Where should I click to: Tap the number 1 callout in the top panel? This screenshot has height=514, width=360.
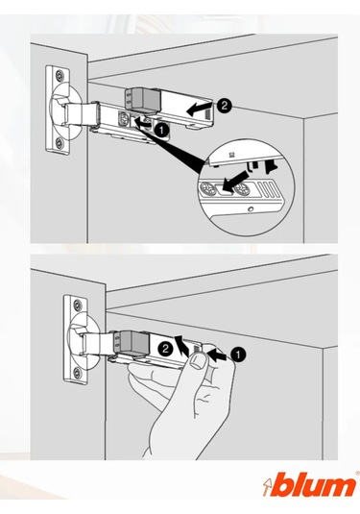[x=162, y=130]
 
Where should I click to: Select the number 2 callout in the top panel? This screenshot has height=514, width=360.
[x=224, y=107]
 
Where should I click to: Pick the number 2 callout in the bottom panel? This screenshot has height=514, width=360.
[x=165, y=348]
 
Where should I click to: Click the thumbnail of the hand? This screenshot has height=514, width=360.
[x=198, y=361]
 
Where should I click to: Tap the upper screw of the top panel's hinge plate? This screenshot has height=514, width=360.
[x=59, y=74]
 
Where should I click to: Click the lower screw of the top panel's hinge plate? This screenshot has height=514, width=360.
[x=59, y=142]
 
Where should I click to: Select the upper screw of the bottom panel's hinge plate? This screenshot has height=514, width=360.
[x=77, y=305]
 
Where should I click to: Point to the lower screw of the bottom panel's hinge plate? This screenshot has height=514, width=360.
[x=77, y=373]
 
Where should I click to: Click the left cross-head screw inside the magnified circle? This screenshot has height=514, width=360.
[x=206, y=188]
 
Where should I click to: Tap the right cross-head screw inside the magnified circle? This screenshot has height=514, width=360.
[x=243, y=189]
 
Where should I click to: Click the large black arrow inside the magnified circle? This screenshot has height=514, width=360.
[x=235, y=181]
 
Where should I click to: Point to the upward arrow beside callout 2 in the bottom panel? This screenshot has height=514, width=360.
[x=180, y=346]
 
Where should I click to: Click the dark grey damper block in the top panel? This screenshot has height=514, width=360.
[x=143, y=98]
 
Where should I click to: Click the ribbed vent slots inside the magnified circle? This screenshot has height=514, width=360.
[x=268, y=190]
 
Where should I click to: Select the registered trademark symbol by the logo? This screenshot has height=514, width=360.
[x=357, y=473]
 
